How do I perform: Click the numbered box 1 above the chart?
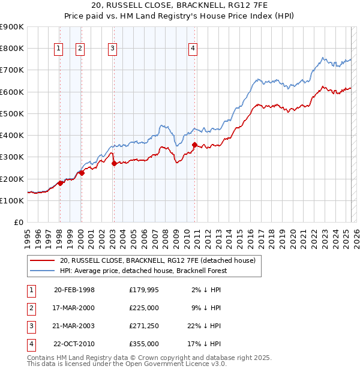tap(59, 49)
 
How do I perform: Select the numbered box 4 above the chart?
tap(193, 49)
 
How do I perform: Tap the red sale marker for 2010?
tap(194, 145)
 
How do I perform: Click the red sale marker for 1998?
tap(60, 183)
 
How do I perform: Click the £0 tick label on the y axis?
tap(18, 223)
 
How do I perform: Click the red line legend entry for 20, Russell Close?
tap(158, 260)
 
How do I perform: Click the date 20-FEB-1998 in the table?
tap(74, 290)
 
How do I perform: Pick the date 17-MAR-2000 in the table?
tap(74, 308)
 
